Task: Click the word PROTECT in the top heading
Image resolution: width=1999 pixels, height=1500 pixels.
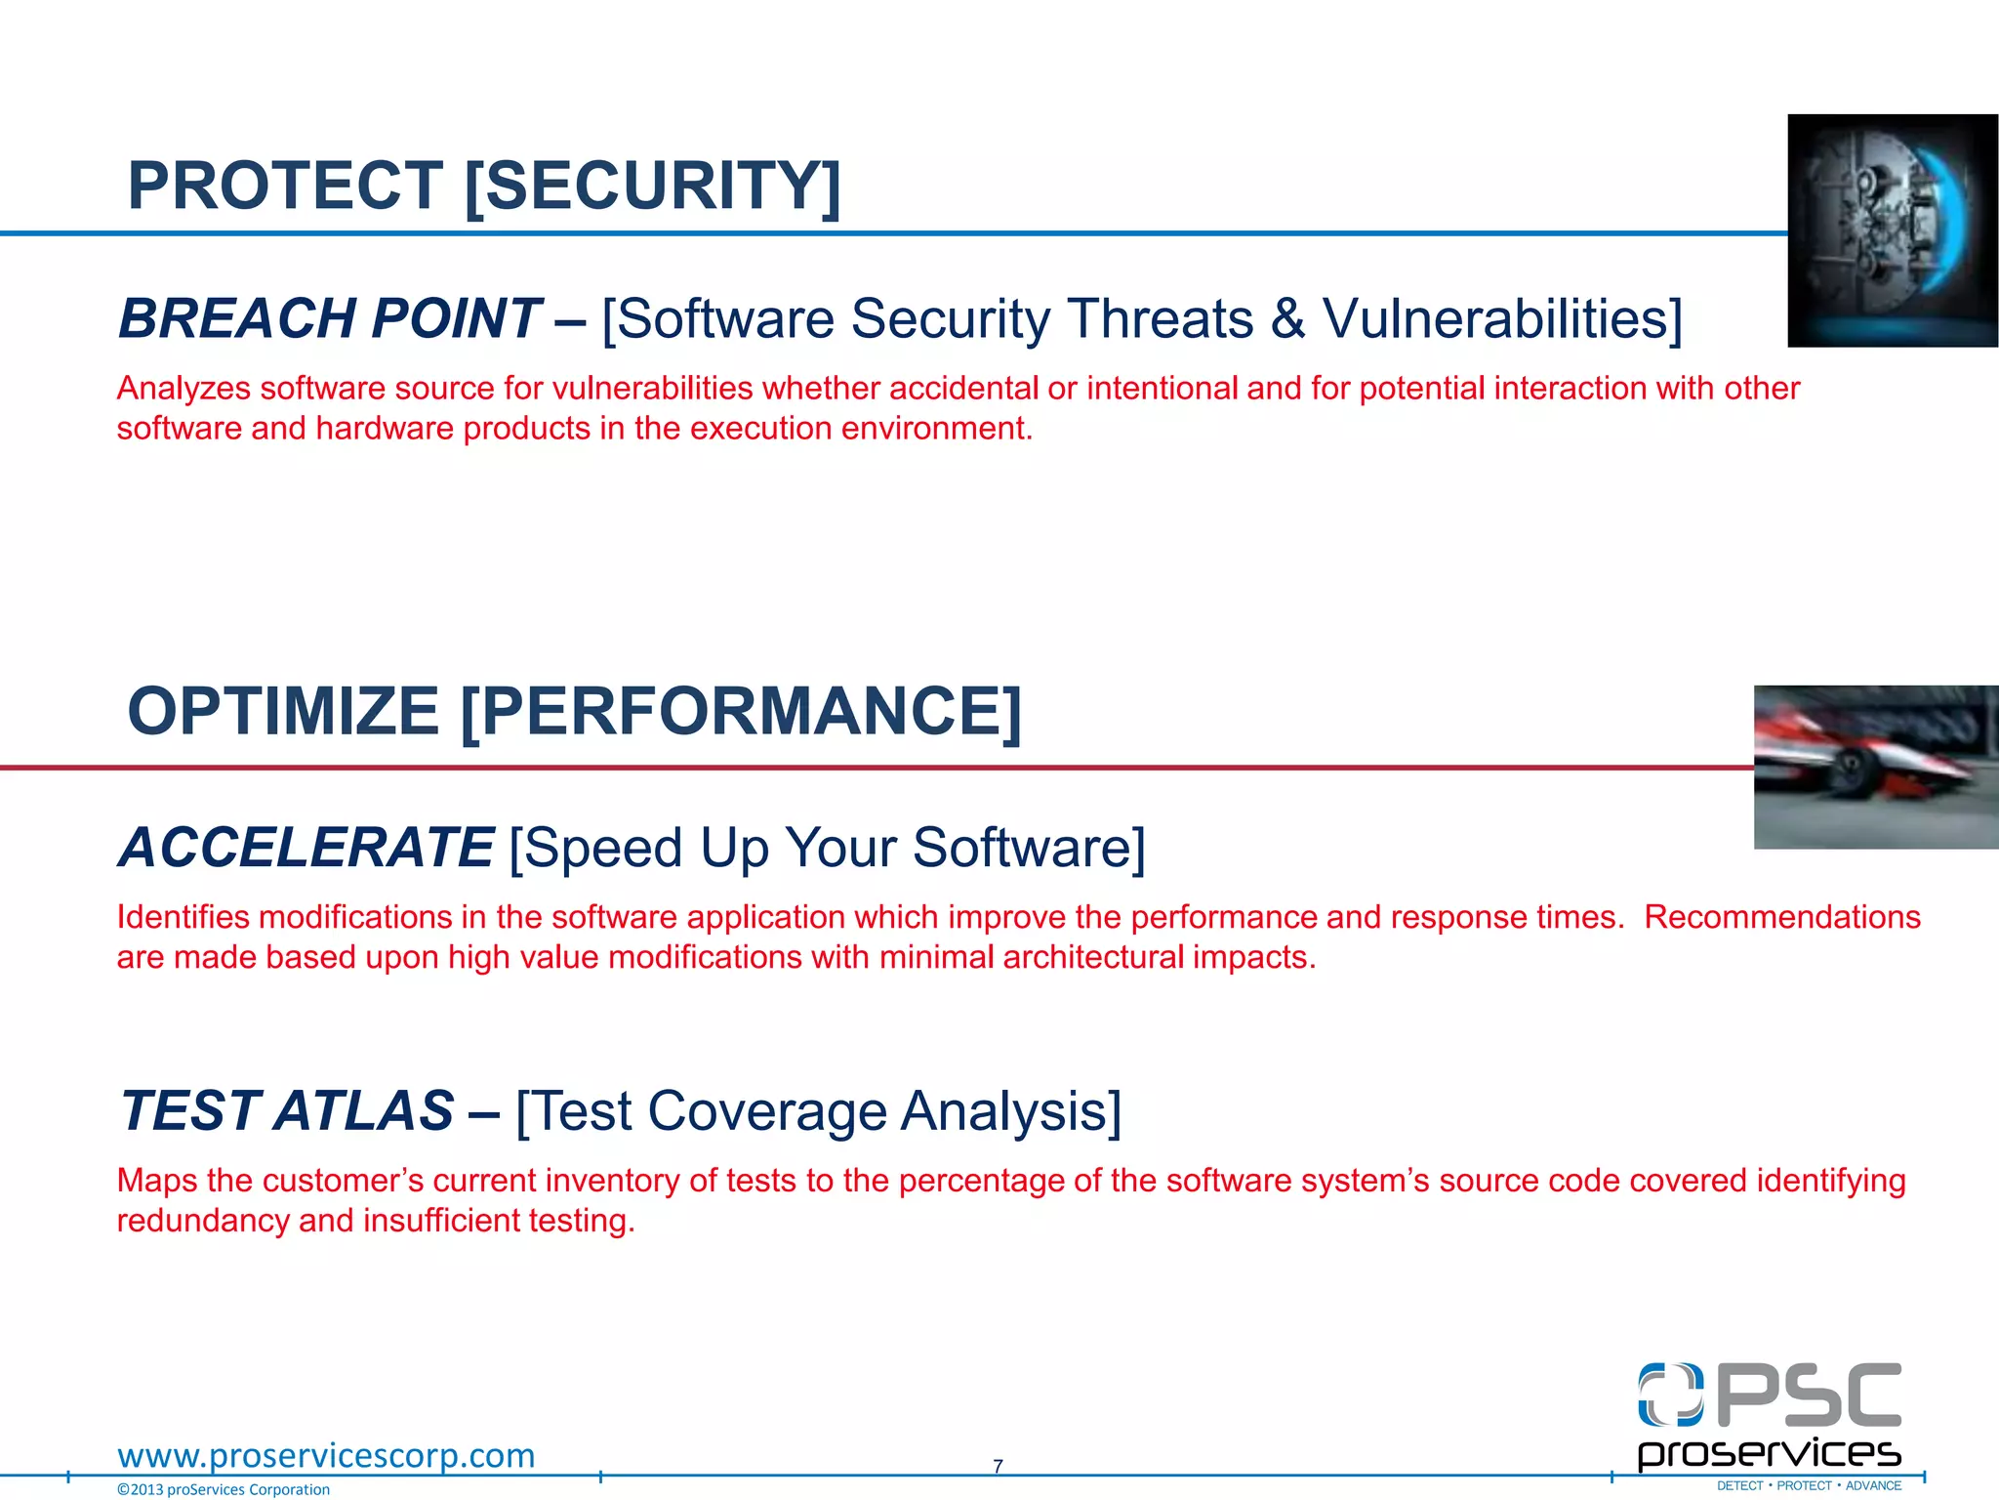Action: click(285, 186)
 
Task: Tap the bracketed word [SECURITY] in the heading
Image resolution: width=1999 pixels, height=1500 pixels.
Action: click(652, 186)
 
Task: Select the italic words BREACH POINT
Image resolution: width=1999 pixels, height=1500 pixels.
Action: click(329, 318)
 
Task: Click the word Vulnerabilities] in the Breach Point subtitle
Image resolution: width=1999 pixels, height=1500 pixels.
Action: click(1502, 318)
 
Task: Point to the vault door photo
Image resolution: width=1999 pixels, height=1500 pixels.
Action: click(1892, 230)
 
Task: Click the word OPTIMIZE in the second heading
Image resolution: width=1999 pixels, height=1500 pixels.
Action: click(283, 711)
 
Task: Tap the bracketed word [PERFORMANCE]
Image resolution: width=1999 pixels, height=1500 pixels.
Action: click(741, 711)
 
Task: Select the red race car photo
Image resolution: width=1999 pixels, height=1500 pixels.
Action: click(1875, 767)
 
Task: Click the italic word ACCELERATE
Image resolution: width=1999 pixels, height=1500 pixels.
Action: click(306, 847)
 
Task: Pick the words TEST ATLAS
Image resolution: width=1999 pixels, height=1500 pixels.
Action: click(287, 1111)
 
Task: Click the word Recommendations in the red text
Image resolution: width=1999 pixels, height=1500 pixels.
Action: click(1781, 917)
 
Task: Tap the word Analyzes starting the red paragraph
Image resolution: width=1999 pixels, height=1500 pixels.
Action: click(183, 389)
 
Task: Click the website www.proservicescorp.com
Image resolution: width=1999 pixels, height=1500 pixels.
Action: click(326, 1455)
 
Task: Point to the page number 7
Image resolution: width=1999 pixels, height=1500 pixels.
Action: click(998, 1466)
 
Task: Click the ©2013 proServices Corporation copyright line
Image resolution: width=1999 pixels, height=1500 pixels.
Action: click(224, 1489)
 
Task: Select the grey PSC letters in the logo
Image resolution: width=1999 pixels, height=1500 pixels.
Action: click(1808, 1396)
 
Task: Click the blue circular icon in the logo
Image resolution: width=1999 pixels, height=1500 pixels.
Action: click(1670, 1395)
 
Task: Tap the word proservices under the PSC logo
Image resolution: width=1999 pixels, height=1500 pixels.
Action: click(1769, 1453)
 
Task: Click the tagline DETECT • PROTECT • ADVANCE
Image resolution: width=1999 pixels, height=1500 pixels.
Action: click(1809, 1486)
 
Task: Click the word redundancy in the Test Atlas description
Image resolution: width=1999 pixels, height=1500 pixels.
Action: click(203, 1221)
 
